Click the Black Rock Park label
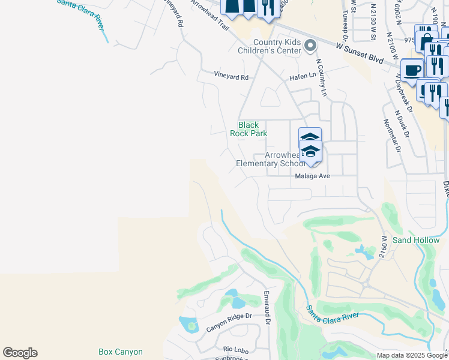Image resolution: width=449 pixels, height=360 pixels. point(249,129)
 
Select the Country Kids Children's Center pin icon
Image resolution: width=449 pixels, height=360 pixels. point(310,45)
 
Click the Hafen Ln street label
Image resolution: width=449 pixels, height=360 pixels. point(303,76)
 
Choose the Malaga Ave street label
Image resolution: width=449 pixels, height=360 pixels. point(312,176)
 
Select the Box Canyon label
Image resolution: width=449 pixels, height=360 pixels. point(121,352)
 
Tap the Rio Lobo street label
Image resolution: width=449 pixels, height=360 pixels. point(235,349)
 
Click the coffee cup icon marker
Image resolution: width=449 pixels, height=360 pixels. point(412,69)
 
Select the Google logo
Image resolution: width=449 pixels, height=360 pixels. point(20,353)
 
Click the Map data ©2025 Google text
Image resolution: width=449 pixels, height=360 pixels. point(411,355)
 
